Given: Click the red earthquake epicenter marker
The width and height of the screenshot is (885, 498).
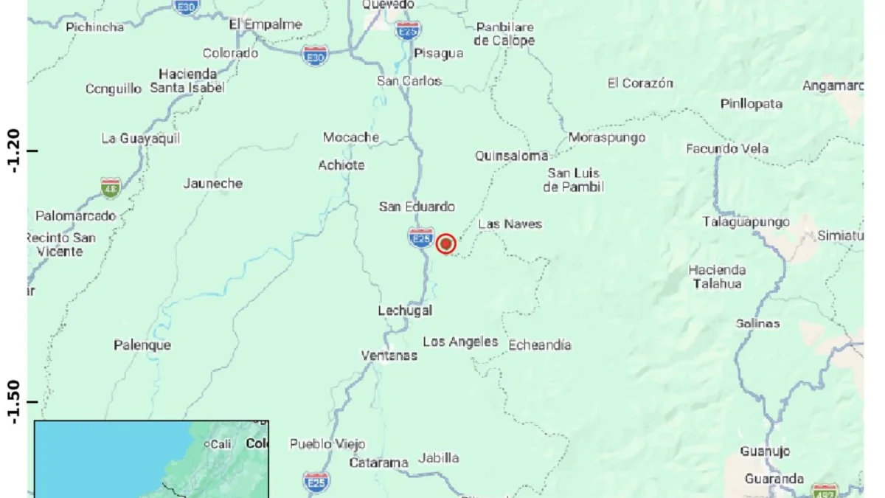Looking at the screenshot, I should point(445,243).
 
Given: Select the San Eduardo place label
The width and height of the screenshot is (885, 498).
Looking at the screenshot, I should point(417,207).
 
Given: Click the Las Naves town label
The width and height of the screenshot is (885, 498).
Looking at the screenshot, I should point(510,224).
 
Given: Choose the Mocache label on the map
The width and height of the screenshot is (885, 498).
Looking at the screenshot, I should point(351,137).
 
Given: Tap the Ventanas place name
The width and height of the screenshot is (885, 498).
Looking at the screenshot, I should point(389,356).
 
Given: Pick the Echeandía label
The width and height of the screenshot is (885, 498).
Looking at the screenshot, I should point(540,345).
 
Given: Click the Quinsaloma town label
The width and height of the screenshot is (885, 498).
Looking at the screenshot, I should point(512,156).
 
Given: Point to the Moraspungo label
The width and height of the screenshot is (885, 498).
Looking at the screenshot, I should point(607,137).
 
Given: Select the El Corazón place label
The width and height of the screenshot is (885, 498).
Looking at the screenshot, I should point(640,83).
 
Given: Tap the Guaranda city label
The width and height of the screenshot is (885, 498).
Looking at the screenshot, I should point(774,479).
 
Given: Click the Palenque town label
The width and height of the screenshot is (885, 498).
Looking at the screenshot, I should point(142,345).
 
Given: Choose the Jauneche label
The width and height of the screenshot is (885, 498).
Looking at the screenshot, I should point(212,183).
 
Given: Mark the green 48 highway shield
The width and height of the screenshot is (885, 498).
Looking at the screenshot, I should point(111,187).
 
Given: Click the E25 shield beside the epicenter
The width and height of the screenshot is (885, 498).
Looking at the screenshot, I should point(420,238).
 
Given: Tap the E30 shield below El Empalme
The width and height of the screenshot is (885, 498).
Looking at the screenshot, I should point(315,55).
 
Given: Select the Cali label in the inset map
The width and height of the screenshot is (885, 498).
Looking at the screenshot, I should point(221,444).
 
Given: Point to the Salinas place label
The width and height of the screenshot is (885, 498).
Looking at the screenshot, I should point(757,323).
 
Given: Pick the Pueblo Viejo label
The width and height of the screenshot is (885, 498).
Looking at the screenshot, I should point(327,443).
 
